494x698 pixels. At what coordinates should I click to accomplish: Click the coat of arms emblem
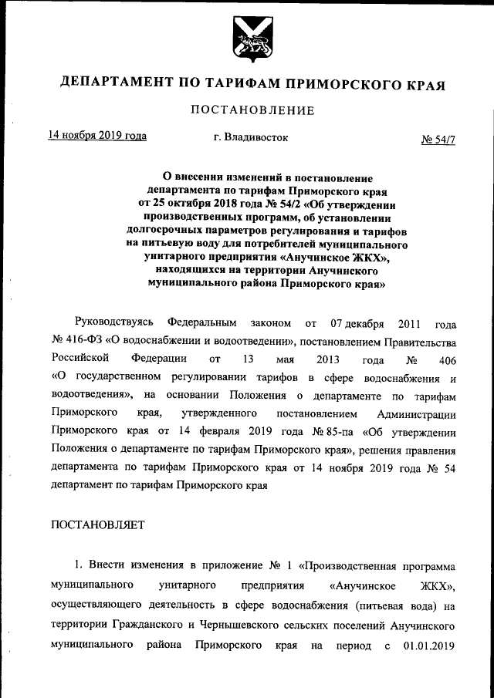point(247,36)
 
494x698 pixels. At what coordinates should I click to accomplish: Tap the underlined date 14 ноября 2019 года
point(97,136)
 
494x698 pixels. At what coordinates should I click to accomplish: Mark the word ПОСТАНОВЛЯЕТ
point(97,524)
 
